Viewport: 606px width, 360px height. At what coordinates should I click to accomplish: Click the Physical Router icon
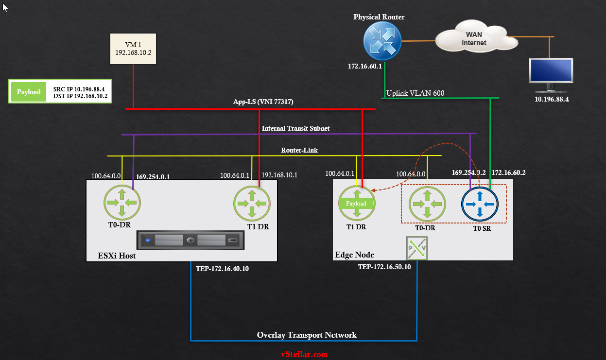381,40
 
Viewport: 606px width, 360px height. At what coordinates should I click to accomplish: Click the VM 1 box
133,49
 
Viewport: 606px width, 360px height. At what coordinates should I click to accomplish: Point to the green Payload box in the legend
29,91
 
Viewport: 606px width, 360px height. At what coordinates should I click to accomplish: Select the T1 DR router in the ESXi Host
252,203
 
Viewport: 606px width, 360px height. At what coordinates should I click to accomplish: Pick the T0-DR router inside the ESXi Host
121,203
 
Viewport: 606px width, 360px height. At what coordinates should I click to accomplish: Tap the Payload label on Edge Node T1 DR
356,204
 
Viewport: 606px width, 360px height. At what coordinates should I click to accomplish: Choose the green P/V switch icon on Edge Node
417,248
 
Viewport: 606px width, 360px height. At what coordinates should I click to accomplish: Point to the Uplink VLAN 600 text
415,93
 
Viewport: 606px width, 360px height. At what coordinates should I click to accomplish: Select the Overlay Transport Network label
307,335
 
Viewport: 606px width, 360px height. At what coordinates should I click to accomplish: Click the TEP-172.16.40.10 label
222,268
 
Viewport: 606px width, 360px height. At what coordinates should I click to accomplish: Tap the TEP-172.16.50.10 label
384,267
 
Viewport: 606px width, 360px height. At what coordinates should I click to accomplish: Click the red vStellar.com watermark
304,354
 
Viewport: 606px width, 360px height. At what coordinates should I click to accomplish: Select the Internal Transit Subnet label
295,128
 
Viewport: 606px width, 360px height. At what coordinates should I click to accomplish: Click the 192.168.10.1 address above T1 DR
279,175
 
